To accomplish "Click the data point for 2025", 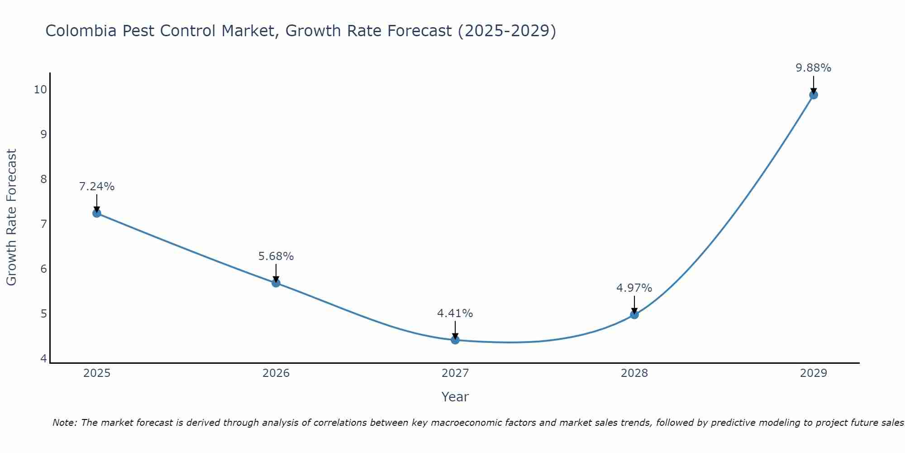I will click(97, 213).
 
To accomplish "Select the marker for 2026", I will click(276, 283).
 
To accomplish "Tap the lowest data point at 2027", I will click(455, 340).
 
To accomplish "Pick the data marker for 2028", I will click(634, 314).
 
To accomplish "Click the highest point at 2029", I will click(813, 95).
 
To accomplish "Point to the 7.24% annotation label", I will click(97, 187).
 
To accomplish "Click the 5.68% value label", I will click(276, 256).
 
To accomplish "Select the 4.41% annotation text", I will click(455, 313).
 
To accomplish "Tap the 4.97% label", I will click(634, 288).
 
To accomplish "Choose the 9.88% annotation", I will click(813, 68).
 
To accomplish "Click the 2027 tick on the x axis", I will click(455, 373).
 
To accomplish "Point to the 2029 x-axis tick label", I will click(813, 373).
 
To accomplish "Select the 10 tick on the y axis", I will click(40, 89).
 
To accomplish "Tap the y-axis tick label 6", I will click(43, 269).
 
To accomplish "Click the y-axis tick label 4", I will click(43, 358).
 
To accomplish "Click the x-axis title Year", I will click(455, 397).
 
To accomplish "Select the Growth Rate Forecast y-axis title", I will click(11, 217).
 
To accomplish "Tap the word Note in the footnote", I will click(64, 423).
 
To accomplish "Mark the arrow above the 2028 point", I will click(634, 304).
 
